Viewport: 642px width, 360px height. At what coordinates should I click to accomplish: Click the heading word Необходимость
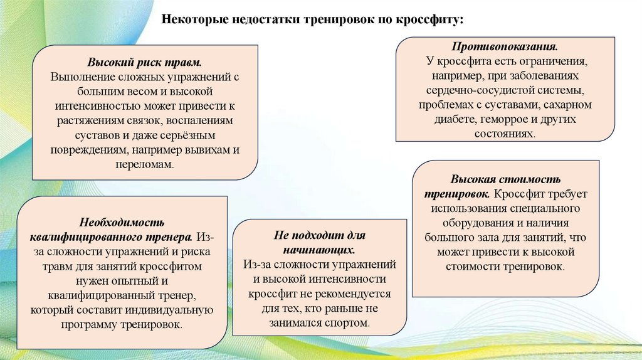(x=122, y=223)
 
